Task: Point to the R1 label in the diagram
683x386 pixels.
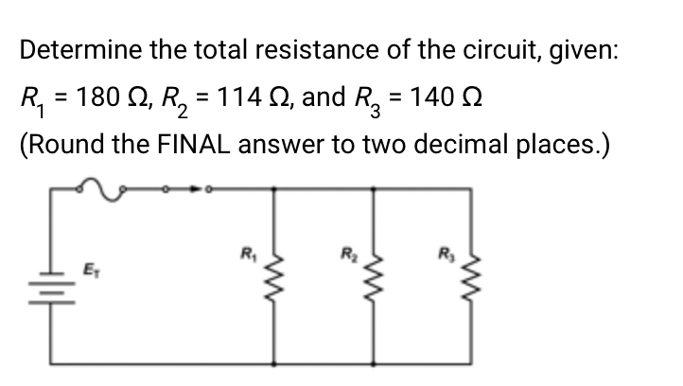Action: pyautogui.click(x=249, y=253)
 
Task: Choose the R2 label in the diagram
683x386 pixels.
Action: pyautogui.click(x=349, y=253)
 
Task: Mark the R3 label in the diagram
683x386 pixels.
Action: pyautogui.click(x=445, y=253)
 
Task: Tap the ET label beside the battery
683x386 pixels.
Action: pyautogui.click(x=91, y=269)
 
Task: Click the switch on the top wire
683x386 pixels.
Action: pyautogui.click(x=189, y=188)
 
